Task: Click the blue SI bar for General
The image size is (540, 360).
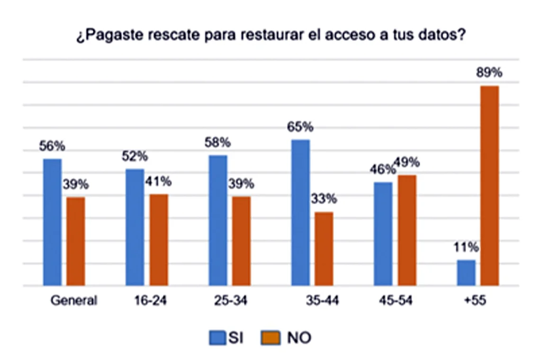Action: [53, 222]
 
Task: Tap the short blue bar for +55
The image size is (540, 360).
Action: [466, 273]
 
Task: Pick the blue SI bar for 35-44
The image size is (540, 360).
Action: [300, 213]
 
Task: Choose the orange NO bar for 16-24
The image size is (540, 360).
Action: [159, 240]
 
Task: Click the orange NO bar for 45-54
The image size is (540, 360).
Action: [407, 230]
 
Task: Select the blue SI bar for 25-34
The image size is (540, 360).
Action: [218, 220]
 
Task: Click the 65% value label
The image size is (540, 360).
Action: [300, 127]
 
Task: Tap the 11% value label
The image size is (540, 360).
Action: [466, 247]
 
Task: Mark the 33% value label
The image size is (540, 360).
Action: [324, 198]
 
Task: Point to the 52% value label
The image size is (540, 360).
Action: [135, 156]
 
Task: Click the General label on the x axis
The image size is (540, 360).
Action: [73, 301]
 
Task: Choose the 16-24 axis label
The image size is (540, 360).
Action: [150, 301]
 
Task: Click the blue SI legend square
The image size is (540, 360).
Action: [217, 338]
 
